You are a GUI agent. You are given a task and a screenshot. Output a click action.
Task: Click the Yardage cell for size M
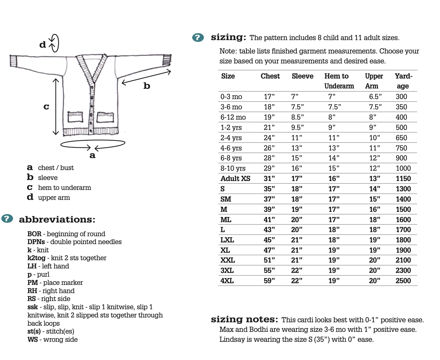click(403, 209)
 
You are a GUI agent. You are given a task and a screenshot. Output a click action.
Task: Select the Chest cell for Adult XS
click(269, 179)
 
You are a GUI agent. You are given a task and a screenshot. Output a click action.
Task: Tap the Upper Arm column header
click(374, 81)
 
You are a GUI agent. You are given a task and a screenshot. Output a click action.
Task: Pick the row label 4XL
click(227, 281)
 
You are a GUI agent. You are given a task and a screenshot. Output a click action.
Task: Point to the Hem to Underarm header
click(339, 81)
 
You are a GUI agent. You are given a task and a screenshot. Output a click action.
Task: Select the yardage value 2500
click(403, 281)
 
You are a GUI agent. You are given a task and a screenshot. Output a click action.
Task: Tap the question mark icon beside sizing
click(198, 37)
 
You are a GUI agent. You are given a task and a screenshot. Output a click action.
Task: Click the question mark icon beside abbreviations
click(7, 218)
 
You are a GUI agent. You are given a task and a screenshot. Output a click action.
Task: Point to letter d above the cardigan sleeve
click(43, 45)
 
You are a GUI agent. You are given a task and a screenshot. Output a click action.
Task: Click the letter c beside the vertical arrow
click(46, 107)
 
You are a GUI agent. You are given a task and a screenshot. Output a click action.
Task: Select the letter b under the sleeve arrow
click(147, 86)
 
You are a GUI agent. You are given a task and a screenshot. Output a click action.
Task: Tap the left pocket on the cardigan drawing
click(75, 117)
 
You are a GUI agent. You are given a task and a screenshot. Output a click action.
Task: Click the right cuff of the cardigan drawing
click(166, 60)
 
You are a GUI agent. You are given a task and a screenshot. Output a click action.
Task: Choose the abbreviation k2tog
click(36, 258)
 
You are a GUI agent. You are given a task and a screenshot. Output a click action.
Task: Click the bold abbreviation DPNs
click(36, 242)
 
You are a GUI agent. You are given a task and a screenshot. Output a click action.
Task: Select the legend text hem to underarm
click(65, 188)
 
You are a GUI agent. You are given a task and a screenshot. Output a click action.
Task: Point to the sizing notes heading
click(244, 320)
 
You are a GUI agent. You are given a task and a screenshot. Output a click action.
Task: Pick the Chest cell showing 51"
click(269, 260)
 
